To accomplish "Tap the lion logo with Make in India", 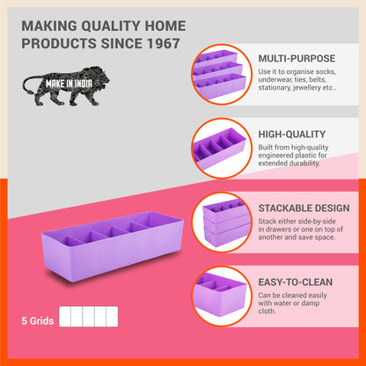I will pos(66,85).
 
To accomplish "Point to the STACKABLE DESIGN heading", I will pos(304,209).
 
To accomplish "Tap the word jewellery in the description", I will pos(320,88).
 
